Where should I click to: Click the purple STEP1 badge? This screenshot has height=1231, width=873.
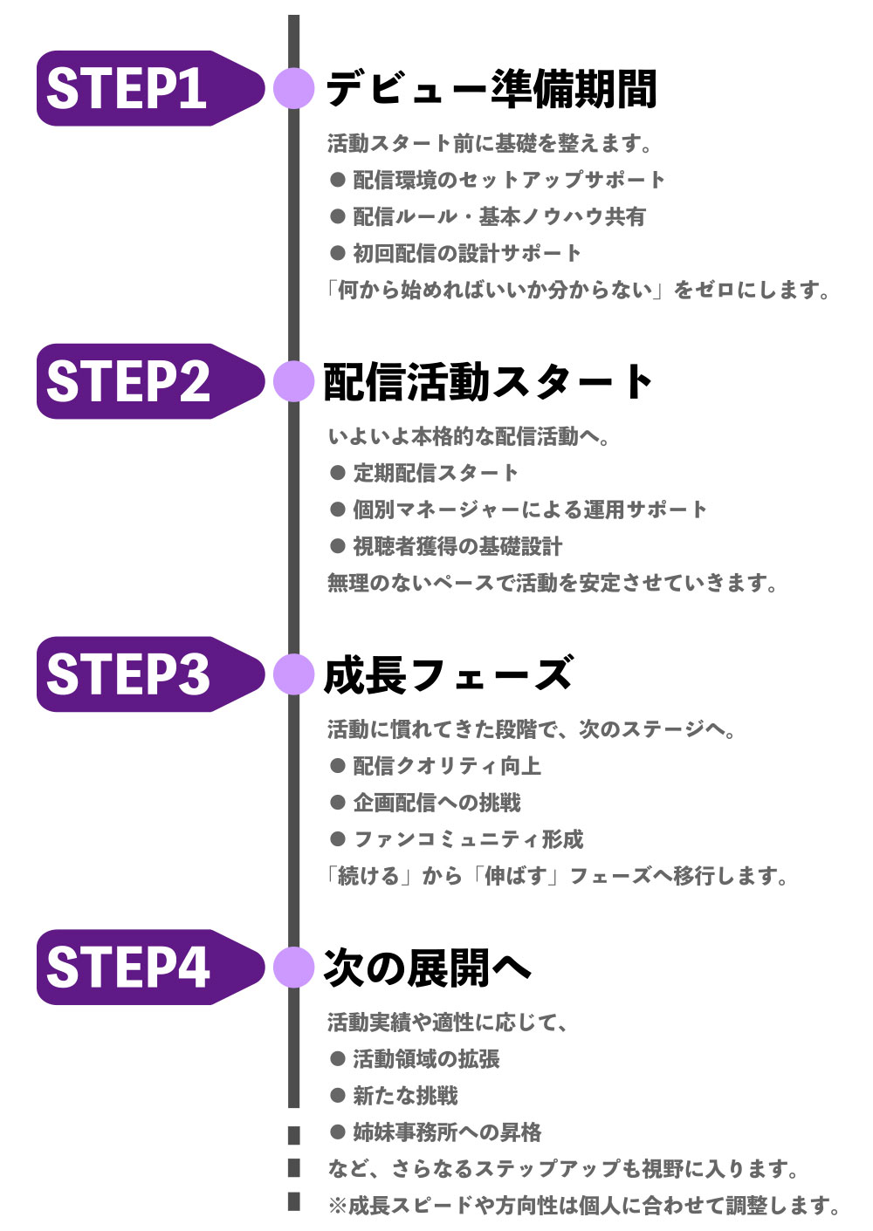[x=140, y=88]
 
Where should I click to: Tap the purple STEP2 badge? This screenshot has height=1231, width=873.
[x=140, y=381]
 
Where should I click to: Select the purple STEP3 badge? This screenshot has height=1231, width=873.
[x=140, y=674]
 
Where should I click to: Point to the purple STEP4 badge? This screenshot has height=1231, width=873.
[x=140, y=968]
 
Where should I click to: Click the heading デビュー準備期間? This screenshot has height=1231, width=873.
[x=491, y=88]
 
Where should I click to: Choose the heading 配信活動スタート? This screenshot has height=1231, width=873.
[x=488, y=381]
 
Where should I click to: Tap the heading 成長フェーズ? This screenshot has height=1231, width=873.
[x=448, y=674]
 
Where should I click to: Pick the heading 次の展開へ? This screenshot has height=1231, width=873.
[x=427, y=968]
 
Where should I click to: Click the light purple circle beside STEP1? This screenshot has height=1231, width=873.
[x=293, y=88]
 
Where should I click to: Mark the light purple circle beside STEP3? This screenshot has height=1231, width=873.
[x=293, y=674]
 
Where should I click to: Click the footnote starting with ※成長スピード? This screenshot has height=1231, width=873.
[x=583, y=1206]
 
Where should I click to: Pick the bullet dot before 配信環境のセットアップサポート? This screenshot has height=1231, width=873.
[x=338, y=180]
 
